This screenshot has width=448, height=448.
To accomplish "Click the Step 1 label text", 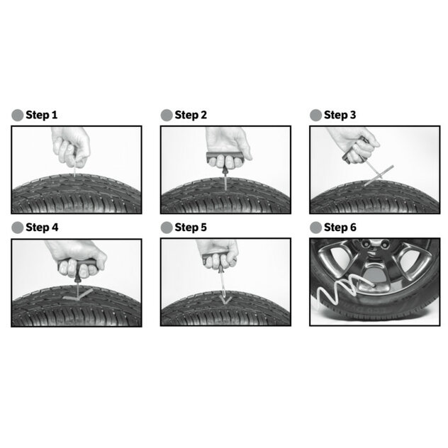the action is pyautogui.click(x=41, y=115).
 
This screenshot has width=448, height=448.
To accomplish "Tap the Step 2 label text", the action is pyautogui.click(x=191, y=115).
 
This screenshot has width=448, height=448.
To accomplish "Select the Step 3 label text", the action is pyautogui.click(x=340, y=115).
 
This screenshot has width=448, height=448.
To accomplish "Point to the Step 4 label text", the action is pyautogui.click(x=42, y=228).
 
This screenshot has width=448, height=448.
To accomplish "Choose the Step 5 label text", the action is pyautogui.click(x=191, y=228).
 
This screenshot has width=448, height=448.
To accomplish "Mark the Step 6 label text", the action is pyautogui.click(x=340, y=228).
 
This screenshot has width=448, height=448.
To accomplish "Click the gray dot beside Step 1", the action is pyautogui.click(x=18, y=115).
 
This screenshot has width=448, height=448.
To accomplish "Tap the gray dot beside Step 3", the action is pyautogui.click(x=315, y=115).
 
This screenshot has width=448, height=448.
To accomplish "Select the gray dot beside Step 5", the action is pyautogui.click(x=167, y=228).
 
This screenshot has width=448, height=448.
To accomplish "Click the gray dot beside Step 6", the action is pyautogui.click(x=315, y=228).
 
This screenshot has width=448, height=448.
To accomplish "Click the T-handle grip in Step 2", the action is pyautogui.click(x=225, y=157).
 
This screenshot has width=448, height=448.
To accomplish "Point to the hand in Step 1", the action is pyautogui.click(x=71, y=146).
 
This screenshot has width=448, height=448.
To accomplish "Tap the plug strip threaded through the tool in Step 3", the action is pyautogui.click(x=379, y=175).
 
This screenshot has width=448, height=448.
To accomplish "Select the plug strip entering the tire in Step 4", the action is pyautogui.click(x=78, y=294).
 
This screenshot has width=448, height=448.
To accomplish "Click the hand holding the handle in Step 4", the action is pyautogui.click(x=77, y=259).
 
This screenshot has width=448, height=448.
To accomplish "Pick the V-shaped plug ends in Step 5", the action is pyautogui.click(x=225, y=299).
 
